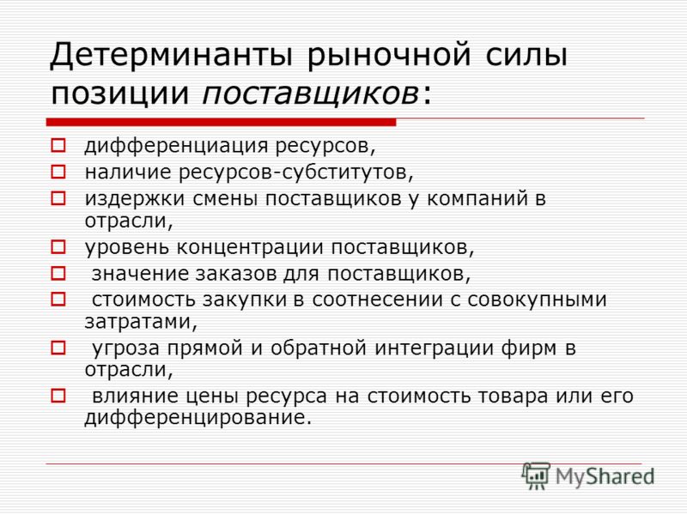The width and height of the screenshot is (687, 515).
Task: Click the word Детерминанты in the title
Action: tap(171, 56)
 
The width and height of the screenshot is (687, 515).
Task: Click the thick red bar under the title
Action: tap(222, 122)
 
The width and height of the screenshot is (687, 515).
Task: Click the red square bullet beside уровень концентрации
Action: tap(58, 247)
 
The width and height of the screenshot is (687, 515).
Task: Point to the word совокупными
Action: tap(538, 300)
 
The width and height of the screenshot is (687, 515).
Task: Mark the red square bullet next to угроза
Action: tap(58, 348)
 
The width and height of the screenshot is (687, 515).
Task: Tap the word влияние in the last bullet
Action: tap(136, 397)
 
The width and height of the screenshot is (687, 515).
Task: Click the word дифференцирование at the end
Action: tap(198, 417)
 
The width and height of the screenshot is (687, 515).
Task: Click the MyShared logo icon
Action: tap(536, 476)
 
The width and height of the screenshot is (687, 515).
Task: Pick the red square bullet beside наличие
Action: tap(58, 172)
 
